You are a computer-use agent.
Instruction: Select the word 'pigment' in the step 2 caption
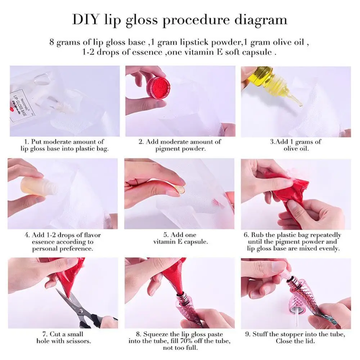(169, 148)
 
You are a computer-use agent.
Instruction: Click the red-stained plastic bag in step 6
(284, 191)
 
